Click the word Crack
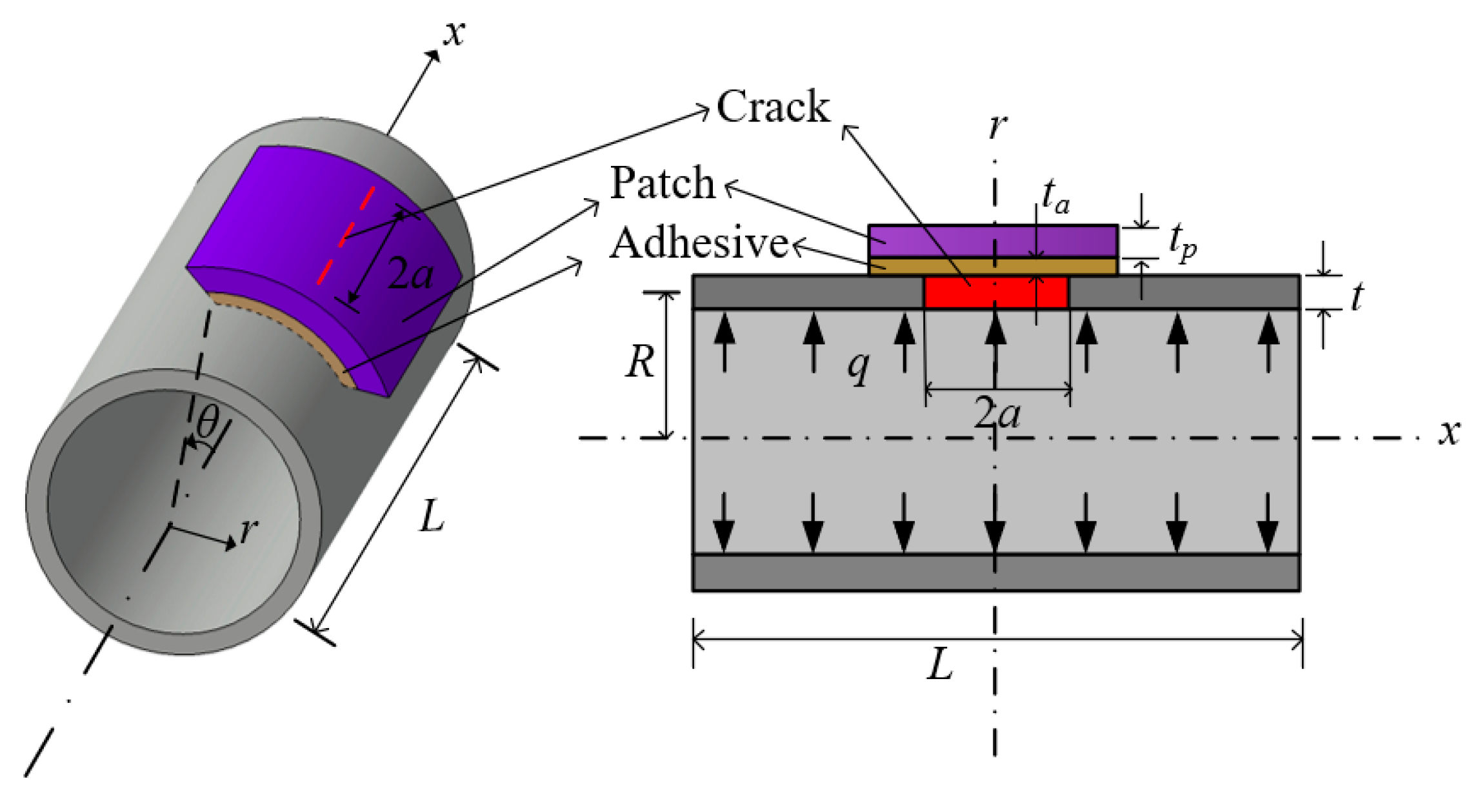pyautogui.click(x=773, y=107)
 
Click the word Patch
pyautogui.click(x=663, y=183)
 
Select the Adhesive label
pyautogui.click(x=699, y=244)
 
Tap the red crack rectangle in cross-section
pyautogui.click(x=995, y=292)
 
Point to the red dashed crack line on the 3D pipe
pyautogui.click(x=346, y=236)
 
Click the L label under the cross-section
pyautogui.click(x=940, y=665)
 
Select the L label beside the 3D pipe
pyautogui.click(x=432, y=516)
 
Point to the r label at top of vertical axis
pyautogui.click(x=998, y=126)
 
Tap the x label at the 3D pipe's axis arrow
pyautogui.click(x=455, y=33)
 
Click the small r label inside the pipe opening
pyautogui.click(x=248, y=531)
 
